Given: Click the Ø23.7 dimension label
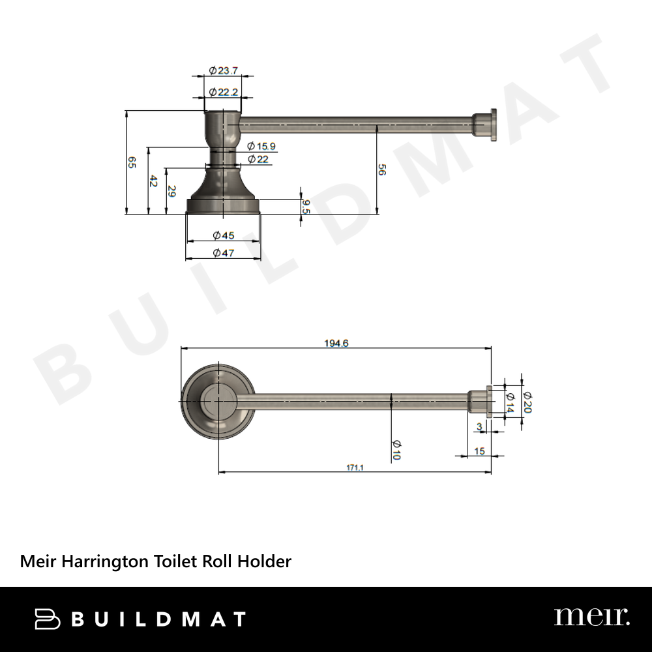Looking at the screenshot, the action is pyautogui.click(x=223, y=70).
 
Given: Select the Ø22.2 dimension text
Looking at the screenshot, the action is pyautogui.click(x=223, y=92).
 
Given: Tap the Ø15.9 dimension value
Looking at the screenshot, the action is pyautogui.click(x=261, y=146).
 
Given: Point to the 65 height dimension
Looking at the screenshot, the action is pyautogui.click(x=132, y=162).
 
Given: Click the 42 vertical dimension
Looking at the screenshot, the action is pyautogui.click(x=153, y=181).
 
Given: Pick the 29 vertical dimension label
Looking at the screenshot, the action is pyautogui.click(x=171, y=191).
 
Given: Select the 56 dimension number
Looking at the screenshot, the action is pyautogui.click(x=381, y=170).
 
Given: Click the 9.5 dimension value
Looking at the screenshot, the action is pyautogui.click(x=306, y=207).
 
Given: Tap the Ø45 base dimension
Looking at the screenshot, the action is pyautogui.click(x=223, y=236).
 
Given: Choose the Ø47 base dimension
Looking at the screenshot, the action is pyautogui.click(x=223, y=253).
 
